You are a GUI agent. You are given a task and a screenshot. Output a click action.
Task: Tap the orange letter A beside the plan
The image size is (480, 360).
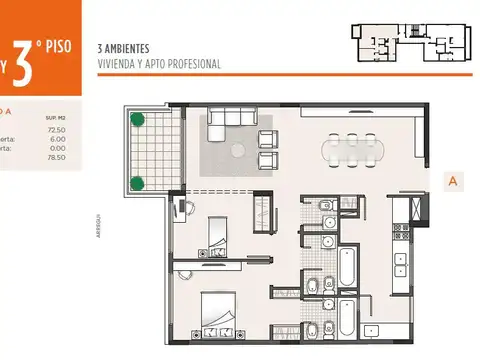click(x=454, y=181)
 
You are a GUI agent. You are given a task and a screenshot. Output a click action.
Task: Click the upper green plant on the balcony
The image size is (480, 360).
click(x=140, y=122)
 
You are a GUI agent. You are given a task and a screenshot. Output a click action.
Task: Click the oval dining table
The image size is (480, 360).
click(x=351, y=151)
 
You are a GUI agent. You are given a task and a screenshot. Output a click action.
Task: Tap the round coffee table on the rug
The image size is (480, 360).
click(x=239, y=151)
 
